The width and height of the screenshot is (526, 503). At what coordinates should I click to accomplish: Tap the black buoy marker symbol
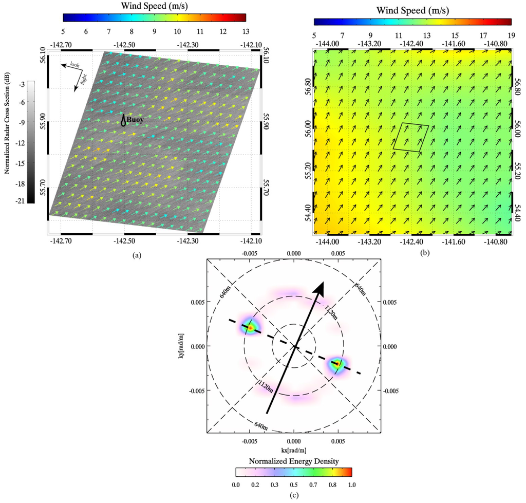coord(123,120)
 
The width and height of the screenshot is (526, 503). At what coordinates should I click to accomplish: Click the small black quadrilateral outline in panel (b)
coord(410,136)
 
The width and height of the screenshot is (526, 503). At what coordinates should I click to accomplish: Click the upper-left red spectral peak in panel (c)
coord(250,327)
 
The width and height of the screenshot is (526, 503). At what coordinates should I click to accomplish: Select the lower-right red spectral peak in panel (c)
coord(337,364)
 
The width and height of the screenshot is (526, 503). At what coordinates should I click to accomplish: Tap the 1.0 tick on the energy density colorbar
coord(352,484)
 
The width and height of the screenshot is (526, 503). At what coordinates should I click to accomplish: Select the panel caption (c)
coord(293,495)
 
